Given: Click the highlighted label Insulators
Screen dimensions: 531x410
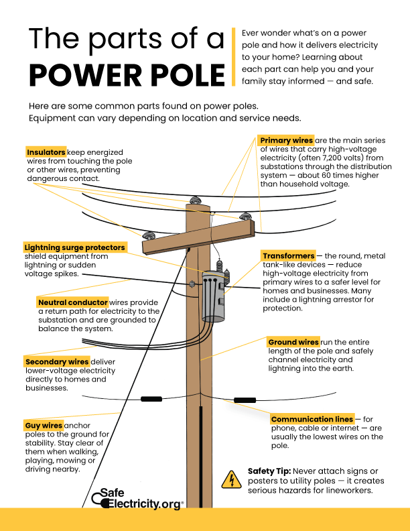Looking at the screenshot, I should tap(46, 152).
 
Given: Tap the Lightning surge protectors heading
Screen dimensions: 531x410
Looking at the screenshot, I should tap(74, 247).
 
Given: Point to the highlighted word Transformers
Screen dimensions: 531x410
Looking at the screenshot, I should tap(288, 256).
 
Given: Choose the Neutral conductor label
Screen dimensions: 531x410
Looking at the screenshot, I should tap(73, 302).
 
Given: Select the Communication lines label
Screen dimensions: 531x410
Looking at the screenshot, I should tap(312, 419).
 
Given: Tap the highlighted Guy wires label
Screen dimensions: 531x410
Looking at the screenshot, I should tap(44, 425).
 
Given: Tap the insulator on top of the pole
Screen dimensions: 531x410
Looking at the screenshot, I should tap(196, 200).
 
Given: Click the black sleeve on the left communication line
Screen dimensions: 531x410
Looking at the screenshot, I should tap(151, 399).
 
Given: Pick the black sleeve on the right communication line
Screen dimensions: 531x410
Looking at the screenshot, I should tap(245, 400).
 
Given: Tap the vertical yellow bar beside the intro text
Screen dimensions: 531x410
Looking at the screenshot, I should tap(232, 57).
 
